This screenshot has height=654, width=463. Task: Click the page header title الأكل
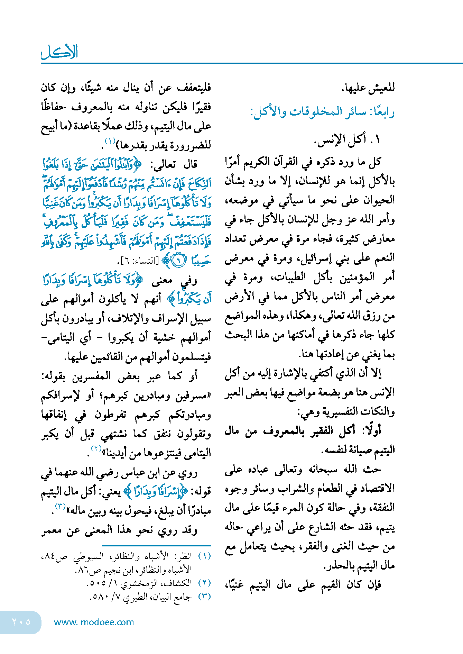point(59,52)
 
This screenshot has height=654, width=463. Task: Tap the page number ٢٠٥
point(21,622)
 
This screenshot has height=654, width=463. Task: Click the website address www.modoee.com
point(94,622)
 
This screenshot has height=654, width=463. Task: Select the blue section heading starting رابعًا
point(322,112)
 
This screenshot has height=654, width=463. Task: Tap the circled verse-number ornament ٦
point(178,260)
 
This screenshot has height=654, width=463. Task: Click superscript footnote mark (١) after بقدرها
point(110,141)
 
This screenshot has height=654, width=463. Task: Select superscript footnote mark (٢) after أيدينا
point(96,449)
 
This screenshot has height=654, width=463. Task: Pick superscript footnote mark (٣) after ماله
point(61,507)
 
